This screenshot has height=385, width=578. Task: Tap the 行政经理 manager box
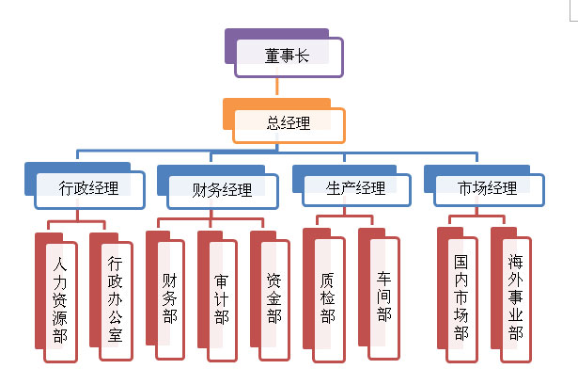pyautogui.click(x=89, y=188)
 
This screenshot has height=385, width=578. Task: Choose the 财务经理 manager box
pyautogui.click(x=223, y=189)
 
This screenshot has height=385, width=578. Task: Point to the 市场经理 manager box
pyautogui.click(x=488, y=188)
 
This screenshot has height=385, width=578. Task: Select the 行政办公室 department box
pyautogui.click(x=116, y=296)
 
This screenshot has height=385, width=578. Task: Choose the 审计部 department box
pyautogui.click(x=223, y=296)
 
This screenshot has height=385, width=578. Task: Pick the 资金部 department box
pyautogui.click(x=274, y=296)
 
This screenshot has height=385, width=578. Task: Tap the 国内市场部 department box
pyautogui.click(x=461, y=296)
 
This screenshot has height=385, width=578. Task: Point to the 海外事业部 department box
pyautogui.click(x=515, y=296)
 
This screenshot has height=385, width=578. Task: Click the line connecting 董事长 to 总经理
pyautogui.click(x=278, y=87)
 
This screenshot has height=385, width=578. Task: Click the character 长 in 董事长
pyautogui.click(x=303, y=56)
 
